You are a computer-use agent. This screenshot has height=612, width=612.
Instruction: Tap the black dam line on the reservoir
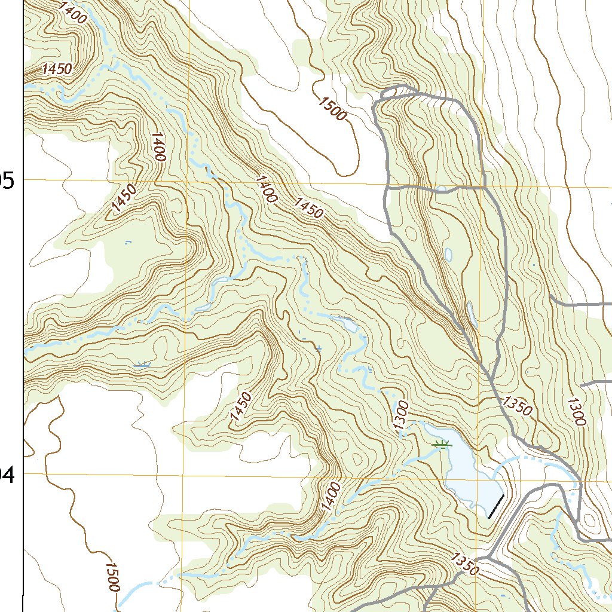click(x=496, y=506)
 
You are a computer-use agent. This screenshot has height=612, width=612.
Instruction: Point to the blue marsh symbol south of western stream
click(x=142, y=365)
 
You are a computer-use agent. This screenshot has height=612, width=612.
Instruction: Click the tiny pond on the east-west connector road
click(x=442, y=189)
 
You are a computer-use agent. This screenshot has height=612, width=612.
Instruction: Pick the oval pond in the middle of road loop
click(x=449, y=255)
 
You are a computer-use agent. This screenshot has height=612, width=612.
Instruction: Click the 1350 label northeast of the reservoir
click(x=516, y=406)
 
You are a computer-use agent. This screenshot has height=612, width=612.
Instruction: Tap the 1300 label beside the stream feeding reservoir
click(x=401, y=414)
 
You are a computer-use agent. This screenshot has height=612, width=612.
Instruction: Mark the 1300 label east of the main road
click(x=576, y=411)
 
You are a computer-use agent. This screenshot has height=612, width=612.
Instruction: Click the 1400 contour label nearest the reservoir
click(x=331, y=495)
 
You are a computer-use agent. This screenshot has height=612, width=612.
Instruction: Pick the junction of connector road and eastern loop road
click(x=483, y=188)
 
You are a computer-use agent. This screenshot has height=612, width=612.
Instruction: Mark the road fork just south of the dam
click(x=489, y=559)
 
